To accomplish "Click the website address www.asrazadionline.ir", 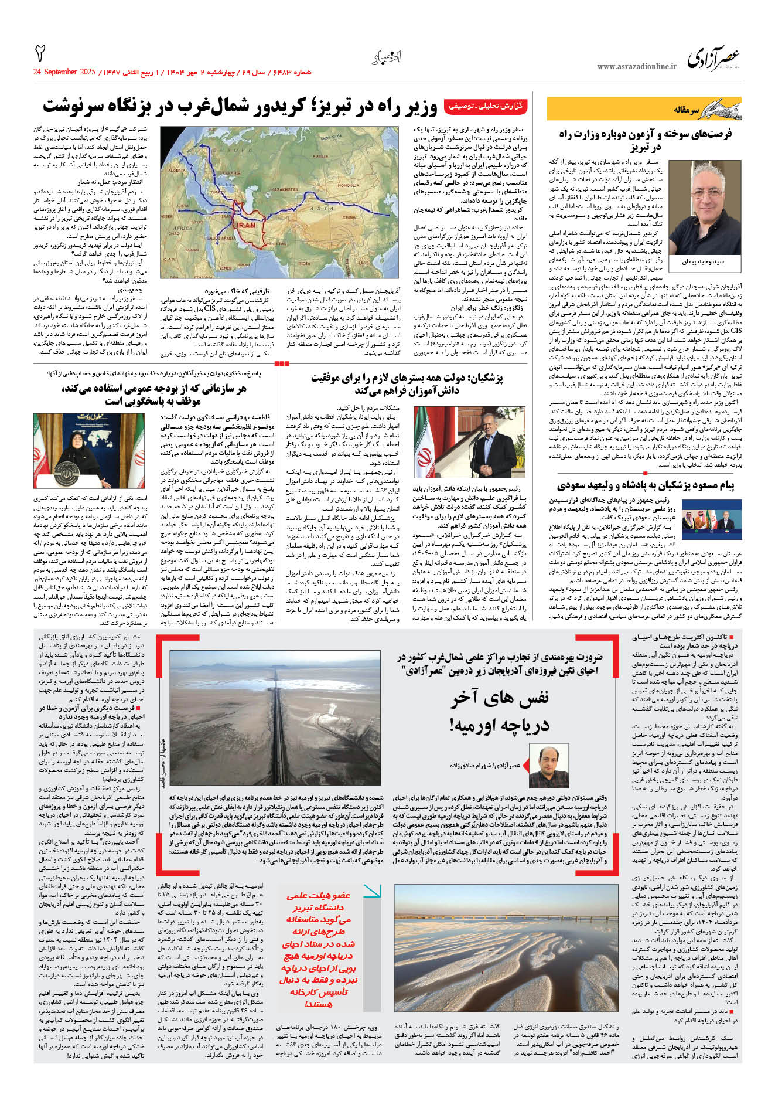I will click(x=636, y=67).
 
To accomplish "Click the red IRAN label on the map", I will click(x=246, y=225).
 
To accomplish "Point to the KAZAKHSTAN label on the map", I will click(x=285, y=189).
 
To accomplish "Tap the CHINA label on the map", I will click(x=349, y=217).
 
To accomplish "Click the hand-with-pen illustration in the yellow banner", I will click(x=718, y=109).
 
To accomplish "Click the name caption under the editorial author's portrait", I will click(x=703, y=261).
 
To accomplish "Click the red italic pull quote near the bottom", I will click(x=317, y=949).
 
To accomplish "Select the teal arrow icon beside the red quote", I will click(x=372, y=892).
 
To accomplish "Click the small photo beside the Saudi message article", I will click(x=712, y=516).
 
